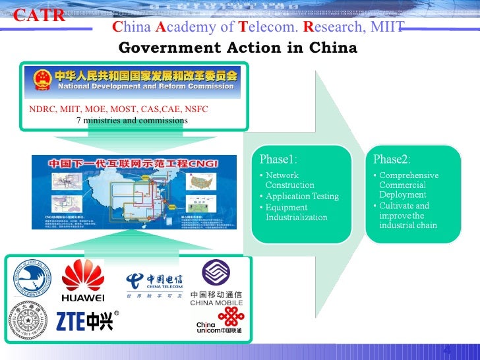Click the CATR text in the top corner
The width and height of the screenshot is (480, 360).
point(39,16)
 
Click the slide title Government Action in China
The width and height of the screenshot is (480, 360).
point(237,48)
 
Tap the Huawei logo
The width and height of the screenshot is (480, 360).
point(83,281)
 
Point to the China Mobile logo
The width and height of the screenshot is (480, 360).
point(216,284)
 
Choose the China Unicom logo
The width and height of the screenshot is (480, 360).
point(219,322)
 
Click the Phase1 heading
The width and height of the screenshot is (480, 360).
point(278,159)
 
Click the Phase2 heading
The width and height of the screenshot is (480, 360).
point(392,159)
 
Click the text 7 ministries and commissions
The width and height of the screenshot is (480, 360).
point(132,121)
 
